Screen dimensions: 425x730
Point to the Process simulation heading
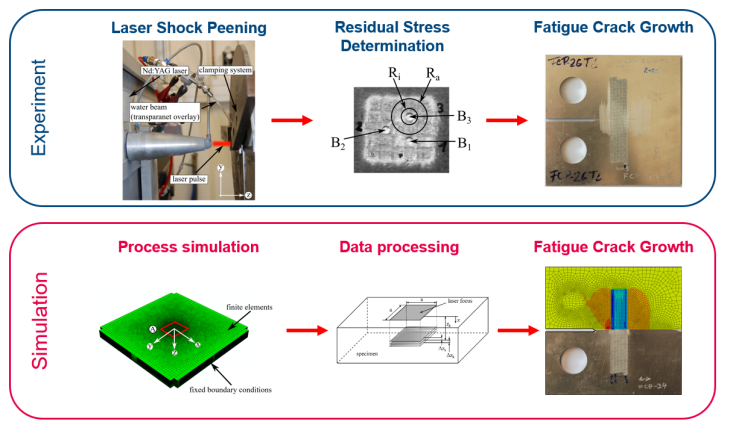188,245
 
